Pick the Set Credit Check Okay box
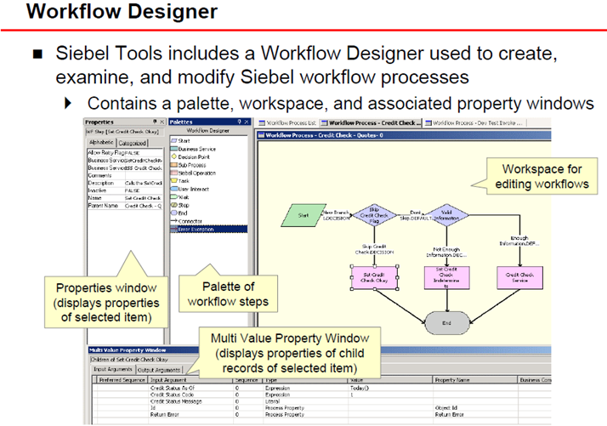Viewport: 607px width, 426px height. tap(368, 276)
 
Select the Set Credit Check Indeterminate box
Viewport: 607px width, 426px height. tap(442, 276)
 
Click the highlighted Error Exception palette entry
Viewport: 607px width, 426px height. tap(197, 228)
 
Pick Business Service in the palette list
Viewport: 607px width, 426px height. tap(196, 148)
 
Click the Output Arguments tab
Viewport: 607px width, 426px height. tap(159, 370)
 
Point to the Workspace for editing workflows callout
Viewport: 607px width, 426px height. tap(541, 175)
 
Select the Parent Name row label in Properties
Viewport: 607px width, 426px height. tap(104, 205)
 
